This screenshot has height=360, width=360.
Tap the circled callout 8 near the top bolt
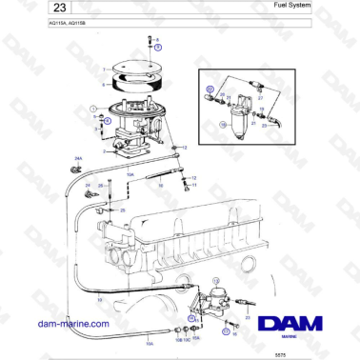point(158,45)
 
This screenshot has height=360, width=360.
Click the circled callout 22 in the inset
point(210,88)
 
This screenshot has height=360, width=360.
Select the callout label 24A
point(78,160)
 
